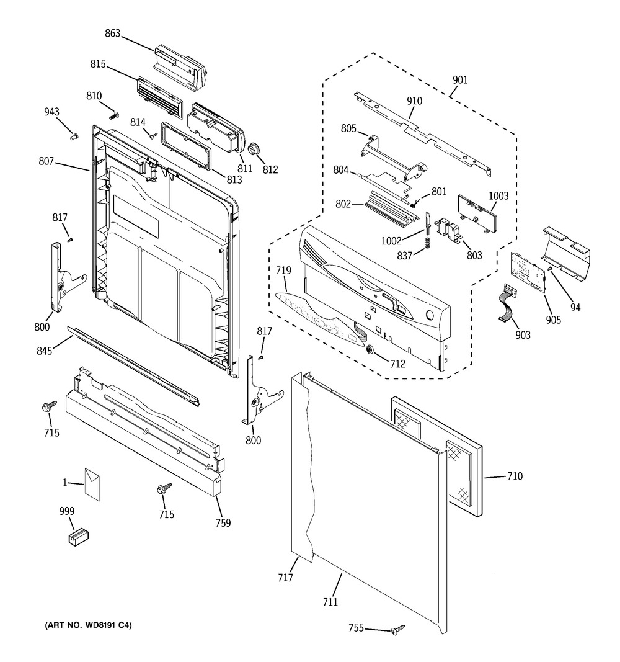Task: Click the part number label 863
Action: pos(113,33)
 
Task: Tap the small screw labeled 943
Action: pos(74,136)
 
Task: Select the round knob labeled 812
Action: pos(254,149)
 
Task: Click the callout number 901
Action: pos(459,80)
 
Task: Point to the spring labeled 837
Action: pos(428,243)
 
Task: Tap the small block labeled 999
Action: pos(79,537)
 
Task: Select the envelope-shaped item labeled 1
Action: pos(92,484)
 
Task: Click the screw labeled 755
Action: pos(397,630)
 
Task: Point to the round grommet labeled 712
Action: pos(370,349)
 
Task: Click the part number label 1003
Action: pos(498,196)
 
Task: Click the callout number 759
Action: pos(223,522)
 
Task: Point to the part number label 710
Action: pos(515,476)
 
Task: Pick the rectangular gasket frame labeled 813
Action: pos(185,146)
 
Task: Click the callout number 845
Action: pos(44,351)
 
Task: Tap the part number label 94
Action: pos(575,307)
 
